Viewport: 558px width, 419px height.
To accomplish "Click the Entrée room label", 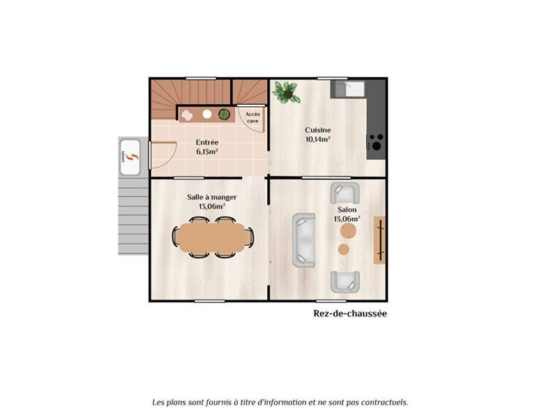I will tap(207, 142).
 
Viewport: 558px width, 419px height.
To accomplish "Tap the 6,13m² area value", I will tap(207, 151).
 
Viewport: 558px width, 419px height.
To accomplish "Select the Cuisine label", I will tap(317, 130).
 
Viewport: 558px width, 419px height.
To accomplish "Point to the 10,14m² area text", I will tap(317, 139).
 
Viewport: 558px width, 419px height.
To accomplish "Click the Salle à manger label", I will tap(211, 197).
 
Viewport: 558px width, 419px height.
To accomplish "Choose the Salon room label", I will tap(347, 209).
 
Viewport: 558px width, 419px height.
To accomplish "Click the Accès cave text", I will tap(253, 117).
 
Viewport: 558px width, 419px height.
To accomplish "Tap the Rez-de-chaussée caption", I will tap(349, 314).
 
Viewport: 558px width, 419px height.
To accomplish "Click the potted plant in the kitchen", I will tap(285, 91).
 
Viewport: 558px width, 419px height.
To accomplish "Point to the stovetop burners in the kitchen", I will tap(375, 142).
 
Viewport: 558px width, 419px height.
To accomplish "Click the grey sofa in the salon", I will tap(303, 240).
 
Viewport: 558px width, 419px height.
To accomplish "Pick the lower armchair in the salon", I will tap(345, 281).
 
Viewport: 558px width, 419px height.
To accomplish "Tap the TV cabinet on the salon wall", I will tap(379, 240).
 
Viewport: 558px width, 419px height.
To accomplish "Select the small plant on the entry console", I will tap(224, 114).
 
